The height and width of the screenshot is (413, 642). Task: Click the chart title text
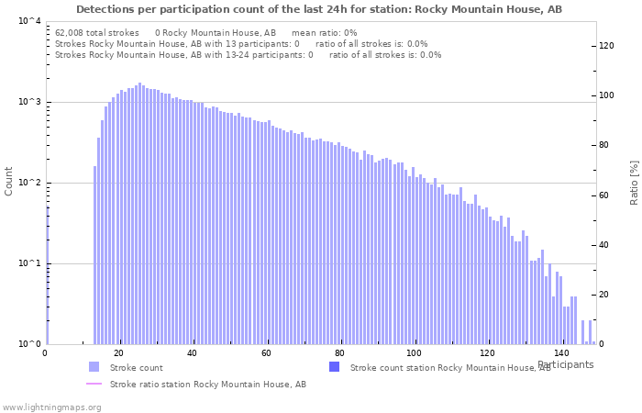pos(319,9)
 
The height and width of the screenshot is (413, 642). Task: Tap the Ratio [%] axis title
pos(633,182)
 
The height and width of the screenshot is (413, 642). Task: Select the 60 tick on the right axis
pos(606,195)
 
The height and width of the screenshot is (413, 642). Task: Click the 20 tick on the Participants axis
pos(118,353)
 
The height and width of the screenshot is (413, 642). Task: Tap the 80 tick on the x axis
pos(340,353)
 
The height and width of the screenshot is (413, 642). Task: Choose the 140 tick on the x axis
pos(561,353)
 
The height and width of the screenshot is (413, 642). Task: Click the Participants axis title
pos(565,364)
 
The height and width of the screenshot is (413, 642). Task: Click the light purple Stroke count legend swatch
pos(94,367)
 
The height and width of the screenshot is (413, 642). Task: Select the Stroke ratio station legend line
pos(94,384)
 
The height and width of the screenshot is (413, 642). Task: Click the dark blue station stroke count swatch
pos(334,367)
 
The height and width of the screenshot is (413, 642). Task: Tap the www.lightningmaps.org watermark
pos(51,407)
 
